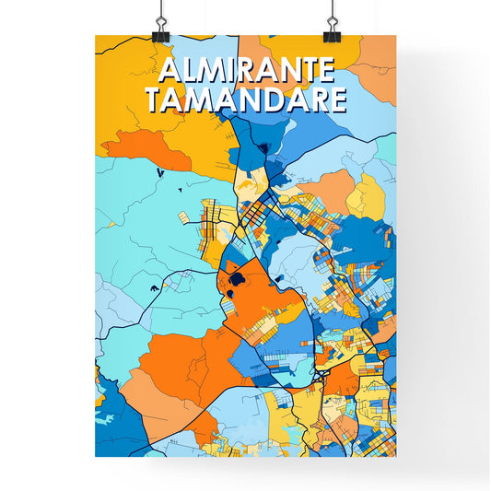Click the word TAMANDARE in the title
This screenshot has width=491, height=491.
pyautogui.click(x=246, y=99)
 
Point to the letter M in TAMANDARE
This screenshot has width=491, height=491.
pyautogui.click(x=194, y=99)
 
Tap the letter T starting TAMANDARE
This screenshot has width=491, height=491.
pyautogui.click(x=153, y=99)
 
